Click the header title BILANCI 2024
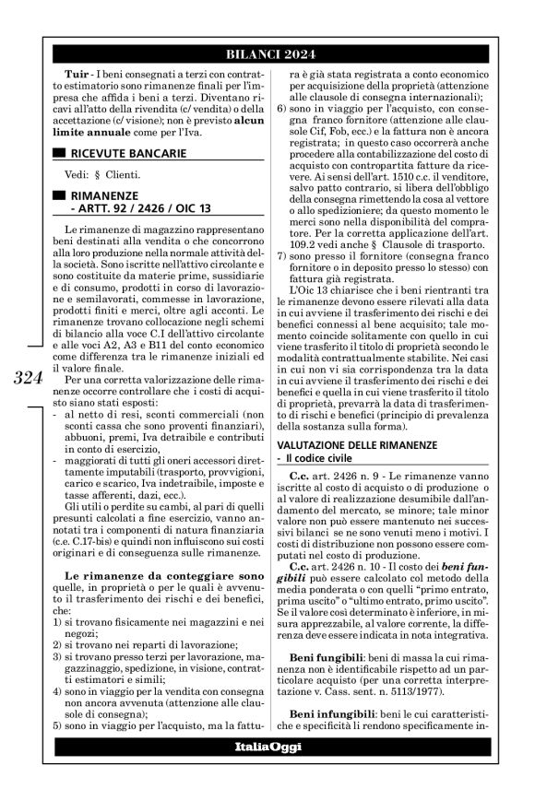pyautogui.click(x=267, y=53)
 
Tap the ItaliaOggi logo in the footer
pyautogui.click(x=267, y=746)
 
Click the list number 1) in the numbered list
pyautogui.click(x=58, y=623)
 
